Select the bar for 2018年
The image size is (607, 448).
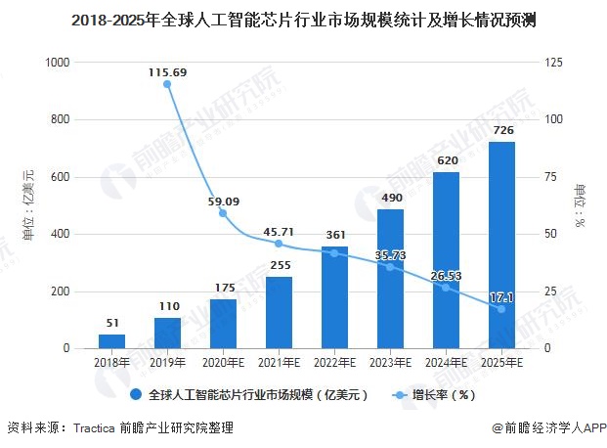(x=111, y=341)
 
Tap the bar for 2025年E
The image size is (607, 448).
(x=501, y=245)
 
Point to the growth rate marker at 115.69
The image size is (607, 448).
(x=167, y=84)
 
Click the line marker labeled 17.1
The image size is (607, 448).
(x=501, y=309)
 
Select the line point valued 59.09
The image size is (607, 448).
(x=223, y=213)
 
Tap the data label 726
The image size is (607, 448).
(x=501, y=131)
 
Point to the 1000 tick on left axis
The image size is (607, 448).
(x=58, y=63)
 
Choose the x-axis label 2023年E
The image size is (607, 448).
(x=390, y=363)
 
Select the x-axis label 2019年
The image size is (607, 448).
(x=167, y=363)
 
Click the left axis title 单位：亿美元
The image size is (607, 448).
(x=28, y=205)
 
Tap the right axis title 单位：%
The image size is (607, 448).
(x=580, y=205)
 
